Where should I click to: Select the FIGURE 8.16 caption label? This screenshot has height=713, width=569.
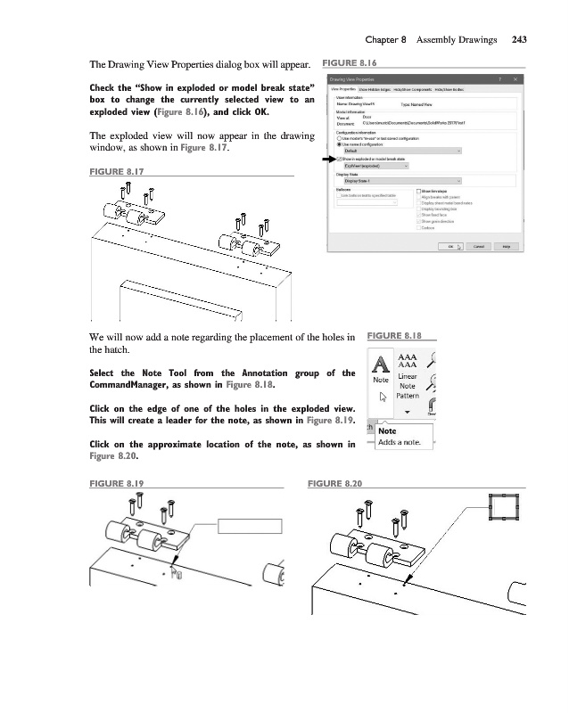[349, 64]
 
